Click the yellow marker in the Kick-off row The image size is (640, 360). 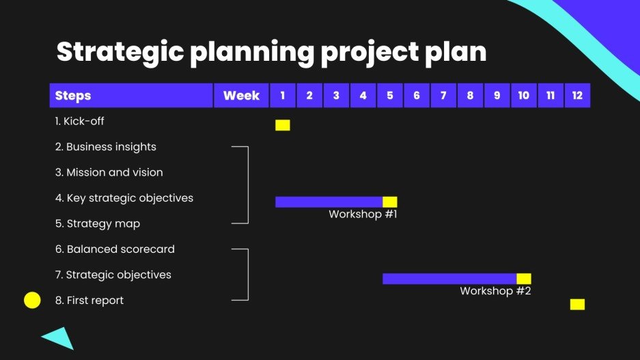282,125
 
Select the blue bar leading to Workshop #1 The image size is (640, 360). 329,202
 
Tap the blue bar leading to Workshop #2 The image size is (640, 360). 449,279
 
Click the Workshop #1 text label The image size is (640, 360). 363,214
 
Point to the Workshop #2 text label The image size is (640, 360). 495,291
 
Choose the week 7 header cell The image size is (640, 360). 443,96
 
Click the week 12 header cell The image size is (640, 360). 577,96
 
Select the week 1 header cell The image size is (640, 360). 283,96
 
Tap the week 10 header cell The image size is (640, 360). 523,96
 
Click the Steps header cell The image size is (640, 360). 131,96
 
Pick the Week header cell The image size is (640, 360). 241,96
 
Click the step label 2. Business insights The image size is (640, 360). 106,147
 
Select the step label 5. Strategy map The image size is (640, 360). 98,223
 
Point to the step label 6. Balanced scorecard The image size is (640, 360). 115,249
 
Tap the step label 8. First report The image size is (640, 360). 89,301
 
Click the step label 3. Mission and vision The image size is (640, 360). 109,172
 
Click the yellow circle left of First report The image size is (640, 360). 32,300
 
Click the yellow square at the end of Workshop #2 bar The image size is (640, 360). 524,279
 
